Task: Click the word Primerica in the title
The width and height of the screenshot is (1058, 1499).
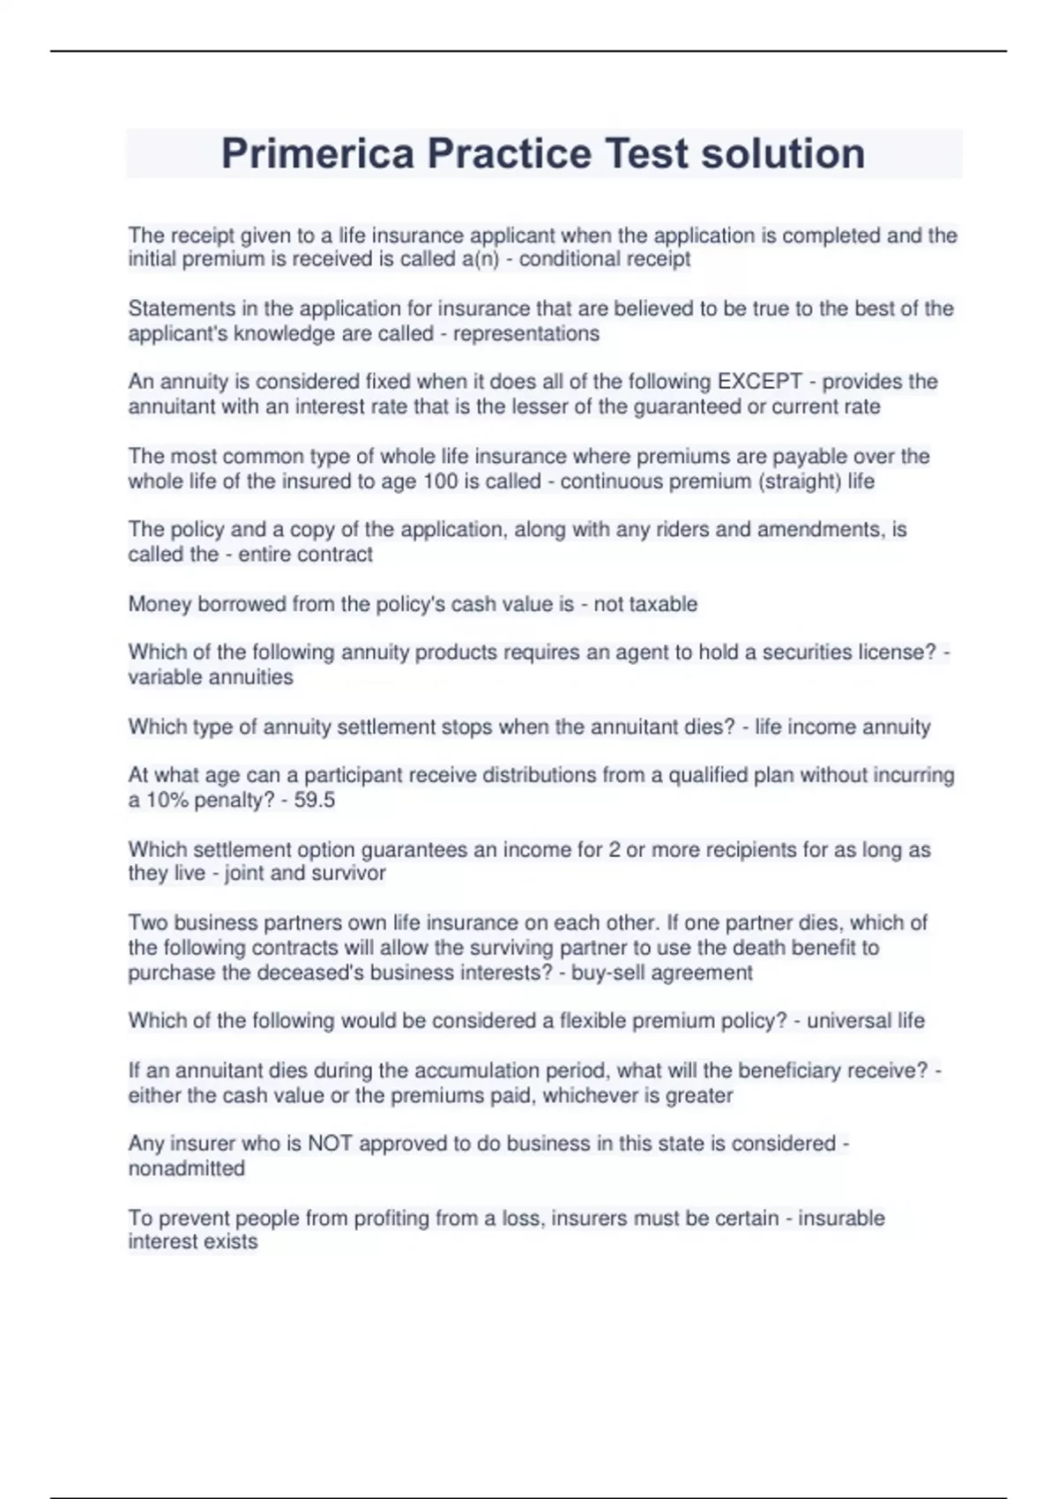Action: point(317,153)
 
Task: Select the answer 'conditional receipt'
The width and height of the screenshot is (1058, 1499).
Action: point(605,259)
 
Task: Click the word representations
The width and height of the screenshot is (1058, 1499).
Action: point(525,333)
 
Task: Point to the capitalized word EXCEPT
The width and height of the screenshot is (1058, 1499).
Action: point(759,382)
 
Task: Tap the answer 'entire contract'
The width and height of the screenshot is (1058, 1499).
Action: point(305,555)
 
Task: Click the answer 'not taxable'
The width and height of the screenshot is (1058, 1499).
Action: point(645,604)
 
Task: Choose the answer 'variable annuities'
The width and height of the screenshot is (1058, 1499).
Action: point(211,677)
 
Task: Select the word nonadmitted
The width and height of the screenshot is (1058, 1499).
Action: point(187,1168)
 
